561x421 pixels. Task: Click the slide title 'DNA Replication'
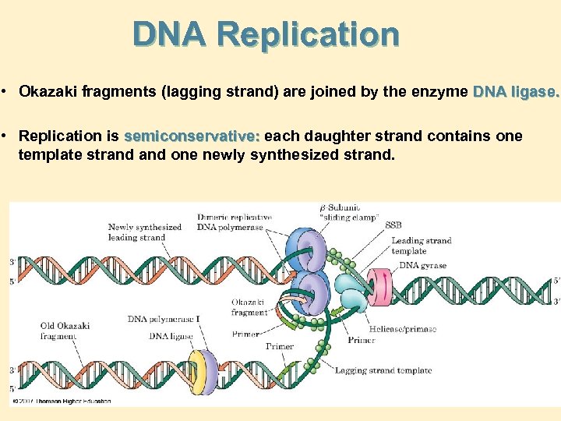266,34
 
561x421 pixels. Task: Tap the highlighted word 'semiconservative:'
192,136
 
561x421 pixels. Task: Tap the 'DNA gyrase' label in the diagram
422,266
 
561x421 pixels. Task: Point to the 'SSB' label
393,225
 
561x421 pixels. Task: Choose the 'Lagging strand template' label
383,370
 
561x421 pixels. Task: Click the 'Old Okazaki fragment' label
65,331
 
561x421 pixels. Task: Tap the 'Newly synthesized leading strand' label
144,232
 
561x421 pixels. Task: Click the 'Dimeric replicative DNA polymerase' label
235,222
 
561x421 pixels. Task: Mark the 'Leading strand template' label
421,246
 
